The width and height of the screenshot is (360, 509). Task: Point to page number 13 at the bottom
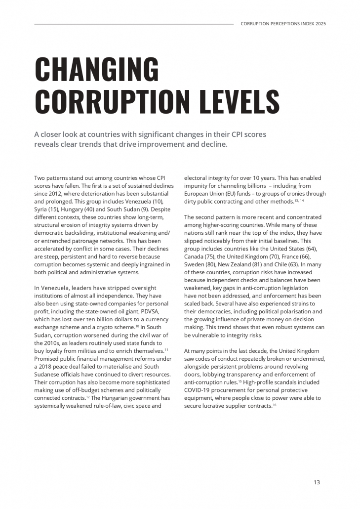coord(317,482)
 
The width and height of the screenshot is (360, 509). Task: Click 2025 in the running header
coord(320,23)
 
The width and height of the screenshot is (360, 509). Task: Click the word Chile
coord(295,264)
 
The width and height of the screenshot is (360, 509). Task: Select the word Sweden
coord(194,264)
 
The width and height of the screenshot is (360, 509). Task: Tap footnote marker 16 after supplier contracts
coord(274,404)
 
